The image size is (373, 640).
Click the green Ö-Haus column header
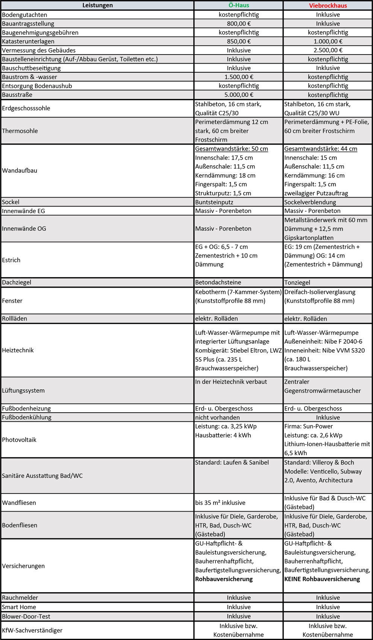tap(238, 5)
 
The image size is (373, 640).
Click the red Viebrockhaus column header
tap(328, 5)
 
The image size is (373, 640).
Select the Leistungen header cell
tap(97, 5)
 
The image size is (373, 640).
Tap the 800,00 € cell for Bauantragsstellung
tap(238, 23)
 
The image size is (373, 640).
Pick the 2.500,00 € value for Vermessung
tap(328, 50)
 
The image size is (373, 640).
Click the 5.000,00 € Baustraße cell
tap(238, 95)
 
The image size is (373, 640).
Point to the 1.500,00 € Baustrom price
tap(238, 77)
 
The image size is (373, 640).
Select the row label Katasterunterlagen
tap(28, 41)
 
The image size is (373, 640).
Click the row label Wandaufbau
tap(20, 171)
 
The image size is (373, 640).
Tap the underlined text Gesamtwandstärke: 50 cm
tap(231, 149)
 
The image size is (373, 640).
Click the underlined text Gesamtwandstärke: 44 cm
tap(320, 149)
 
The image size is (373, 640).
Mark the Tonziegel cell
tap(297, 282)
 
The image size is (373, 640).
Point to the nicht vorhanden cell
tap(217, 417)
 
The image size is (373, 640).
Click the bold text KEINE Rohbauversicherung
tap(322, 579)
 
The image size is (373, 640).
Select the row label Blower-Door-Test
tap(26, 616)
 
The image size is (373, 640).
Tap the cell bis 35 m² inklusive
tap(220, 503)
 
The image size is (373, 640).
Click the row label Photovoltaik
tap(19, 440)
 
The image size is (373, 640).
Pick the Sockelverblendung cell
tap(310, 202)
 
